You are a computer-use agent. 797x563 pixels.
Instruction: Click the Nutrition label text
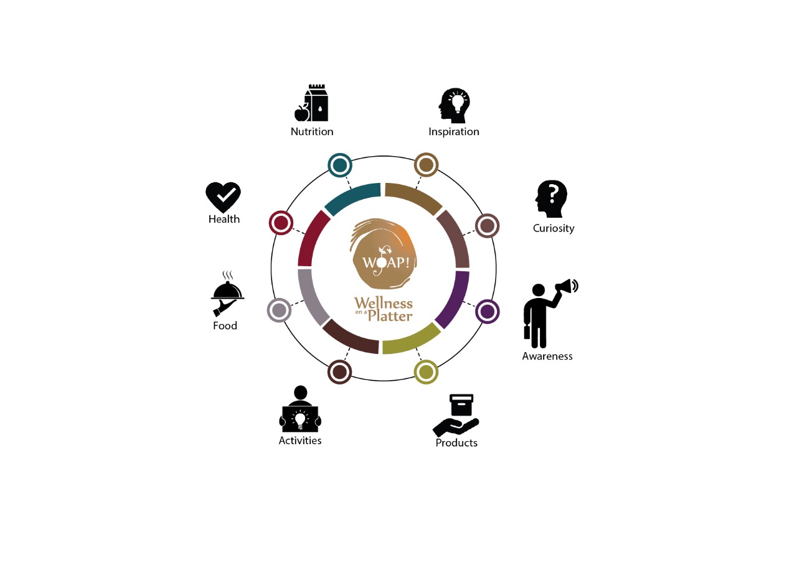pos(312,132)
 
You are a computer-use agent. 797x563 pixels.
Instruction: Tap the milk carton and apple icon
pos(312,103)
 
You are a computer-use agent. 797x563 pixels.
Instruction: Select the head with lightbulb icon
pos(454,105)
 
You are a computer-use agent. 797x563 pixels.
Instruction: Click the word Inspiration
pos(454,132)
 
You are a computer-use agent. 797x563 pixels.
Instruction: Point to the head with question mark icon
pos(552,198)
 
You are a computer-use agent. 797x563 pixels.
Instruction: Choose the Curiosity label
pos(554,228)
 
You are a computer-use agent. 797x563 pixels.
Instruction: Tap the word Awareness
pos(547,356)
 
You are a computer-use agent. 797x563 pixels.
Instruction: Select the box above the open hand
pos(461,405)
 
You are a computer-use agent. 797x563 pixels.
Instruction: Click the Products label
pos(456,443)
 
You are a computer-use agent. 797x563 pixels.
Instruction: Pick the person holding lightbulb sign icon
pos(300,410)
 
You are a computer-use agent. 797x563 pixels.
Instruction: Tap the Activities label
pos(300,440)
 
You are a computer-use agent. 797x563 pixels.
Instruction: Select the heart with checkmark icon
pos(224,197)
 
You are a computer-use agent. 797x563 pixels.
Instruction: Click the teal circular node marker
pos(340,165)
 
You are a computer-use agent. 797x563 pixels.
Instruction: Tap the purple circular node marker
pos(488,312)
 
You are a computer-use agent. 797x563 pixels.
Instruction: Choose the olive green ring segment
pos(412,340)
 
